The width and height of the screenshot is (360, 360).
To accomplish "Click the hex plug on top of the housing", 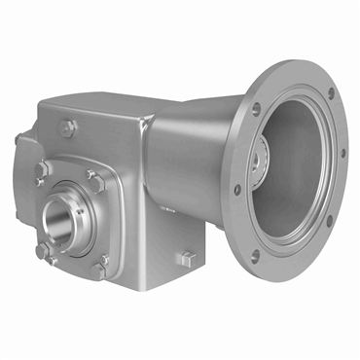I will [x=67, y=126].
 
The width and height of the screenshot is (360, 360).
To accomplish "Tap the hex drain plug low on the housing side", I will [x=189, y=258].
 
